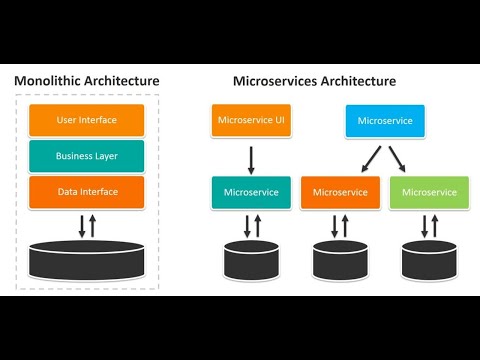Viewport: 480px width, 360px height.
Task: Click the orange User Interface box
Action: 86,120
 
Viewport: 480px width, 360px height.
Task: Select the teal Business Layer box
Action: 86,155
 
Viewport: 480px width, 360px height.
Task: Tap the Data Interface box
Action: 86,190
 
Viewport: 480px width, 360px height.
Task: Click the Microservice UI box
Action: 250,120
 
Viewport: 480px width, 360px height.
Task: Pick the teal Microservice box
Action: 250,191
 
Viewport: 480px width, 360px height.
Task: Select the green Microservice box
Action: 429,191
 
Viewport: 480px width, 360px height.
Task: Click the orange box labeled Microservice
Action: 340,191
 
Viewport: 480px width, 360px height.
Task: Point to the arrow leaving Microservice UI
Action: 250,157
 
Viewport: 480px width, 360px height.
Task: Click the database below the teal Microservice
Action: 250,260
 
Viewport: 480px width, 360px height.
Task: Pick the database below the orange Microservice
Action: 340,260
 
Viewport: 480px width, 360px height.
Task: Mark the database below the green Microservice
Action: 429,260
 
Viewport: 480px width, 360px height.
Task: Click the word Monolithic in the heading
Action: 51,80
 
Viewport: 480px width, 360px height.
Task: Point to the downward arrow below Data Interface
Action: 80,223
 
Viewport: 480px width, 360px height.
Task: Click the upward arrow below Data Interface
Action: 93,223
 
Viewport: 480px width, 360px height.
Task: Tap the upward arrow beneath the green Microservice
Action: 435,226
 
